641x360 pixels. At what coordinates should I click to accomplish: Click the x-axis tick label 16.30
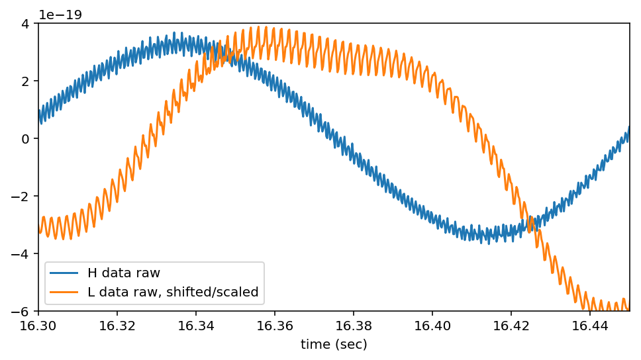click(38, 326)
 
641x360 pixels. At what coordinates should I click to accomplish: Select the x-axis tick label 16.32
click(117, 326)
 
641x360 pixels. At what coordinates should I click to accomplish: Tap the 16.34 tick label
click(196, 326)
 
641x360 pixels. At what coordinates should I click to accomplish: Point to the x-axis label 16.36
click(275, 326)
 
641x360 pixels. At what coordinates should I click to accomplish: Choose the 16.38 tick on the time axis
click(354, 326)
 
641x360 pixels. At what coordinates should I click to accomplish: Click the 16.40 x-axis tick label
click(432, 326)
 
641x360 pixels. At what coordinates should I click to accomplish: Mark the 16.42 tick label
click(511, 326)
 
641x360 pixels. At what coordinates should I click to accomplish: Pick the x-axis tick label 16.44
click(590, 326)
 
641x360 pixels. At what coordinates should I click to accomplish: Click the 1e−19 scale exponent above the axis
click(60, 15)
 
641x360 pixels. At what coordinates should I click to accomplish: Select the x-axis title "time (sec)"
click(334, 344)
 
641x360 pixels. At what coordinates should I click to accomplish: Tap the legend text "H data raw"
click(124, 273)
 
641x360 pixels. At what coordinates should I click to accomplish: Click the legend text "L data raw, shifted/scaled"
click(173, 292)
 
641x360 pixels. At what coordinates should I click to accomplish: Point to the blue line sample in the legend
click(64, 273)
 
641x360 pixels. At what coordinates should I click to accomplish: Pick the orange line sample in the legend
click(64, 292)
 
